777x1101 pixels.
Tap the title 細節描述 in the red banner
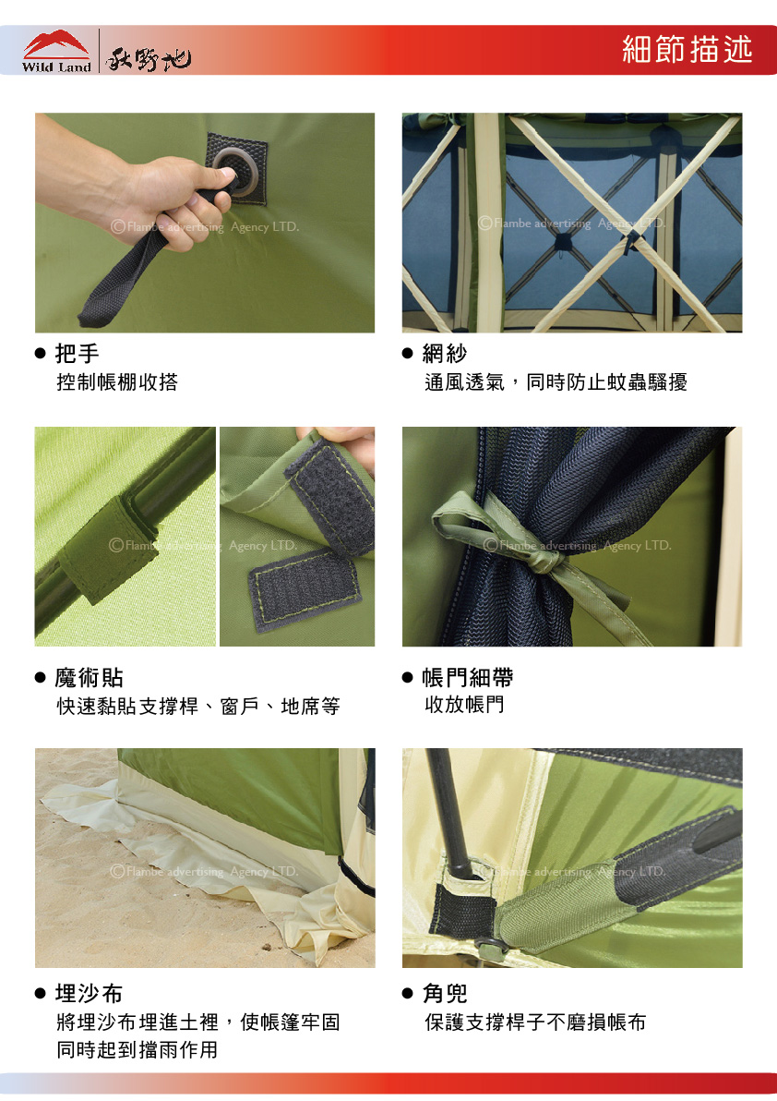687,49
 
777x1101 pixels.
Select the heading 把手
78,353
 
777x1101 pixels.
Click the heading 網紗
445,353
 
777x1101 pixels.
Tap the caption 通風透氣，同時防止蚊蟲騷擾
556,382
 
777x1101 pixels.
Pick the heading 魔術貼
90,678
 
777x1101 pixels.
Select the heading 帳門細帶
467,678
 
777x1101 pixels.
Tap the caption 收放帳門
464,704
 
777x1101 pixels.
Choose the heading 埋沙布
90,994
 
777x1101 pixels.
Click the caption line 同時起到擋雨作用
137,1050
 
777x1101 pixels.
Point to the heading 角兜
445,994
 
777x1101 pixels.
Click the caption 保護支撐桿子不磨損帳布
535,1022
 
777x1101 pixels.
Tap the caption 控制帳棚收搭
117,382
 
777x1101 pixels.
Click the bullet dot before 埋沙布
40,994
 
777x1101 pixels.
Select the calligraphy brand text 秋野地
148,57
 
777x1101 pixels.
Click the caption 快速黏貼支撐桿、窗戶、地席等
198,706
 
